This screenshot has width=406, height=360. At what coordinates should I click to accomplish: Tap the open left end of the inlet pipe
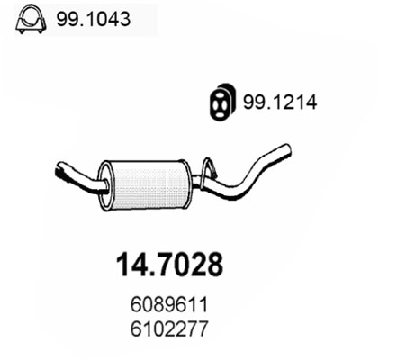pos(58,168)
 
